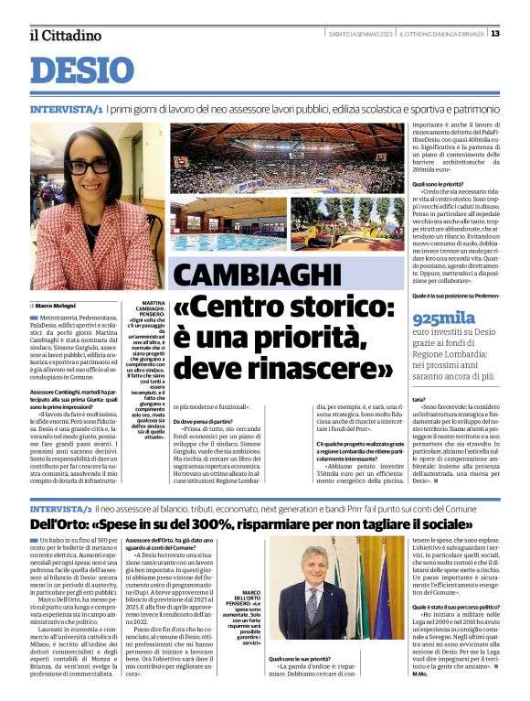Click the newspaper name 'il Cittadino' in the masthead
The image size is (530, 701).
coord(65,35)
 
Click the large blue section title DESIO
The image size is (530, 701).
coord(82,72)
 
